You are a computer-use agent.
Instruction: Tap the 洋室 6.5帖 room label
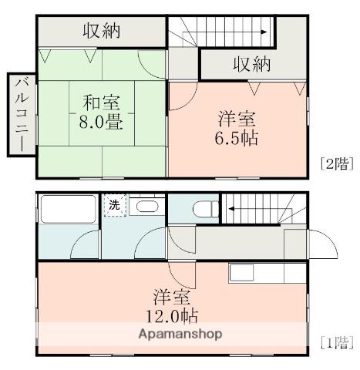click(237, 129)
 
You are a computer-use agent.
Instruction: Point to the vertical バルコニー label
click(21, 115)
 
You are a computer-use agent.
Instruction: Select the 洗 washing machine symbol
click(114, 206)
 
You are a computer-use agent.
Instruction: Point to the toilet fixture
click(204, 208)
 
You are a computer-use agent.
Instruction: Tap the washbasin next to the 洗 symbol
click(144, 206)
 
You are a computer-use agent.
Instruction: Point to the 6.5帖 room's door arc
click(184, 93)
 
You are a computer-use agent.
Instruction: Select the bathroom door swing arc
click(83, 245)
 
